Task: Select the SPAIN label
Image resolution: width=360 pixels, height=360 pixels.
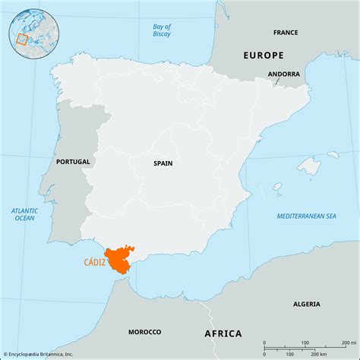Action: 163,163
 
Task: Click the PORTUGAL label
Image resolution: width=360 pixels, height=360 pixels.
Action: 74,162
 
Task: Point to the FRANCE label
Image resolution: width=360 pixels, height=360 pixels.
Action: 286,33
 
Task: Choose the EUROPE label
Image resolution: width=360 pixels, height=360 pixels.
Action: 263,55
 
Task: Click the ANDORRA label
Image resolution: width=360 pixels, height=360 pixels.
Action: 283,74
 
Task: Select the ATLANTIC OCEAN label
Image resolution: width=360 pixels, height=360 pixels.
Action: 24,213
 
